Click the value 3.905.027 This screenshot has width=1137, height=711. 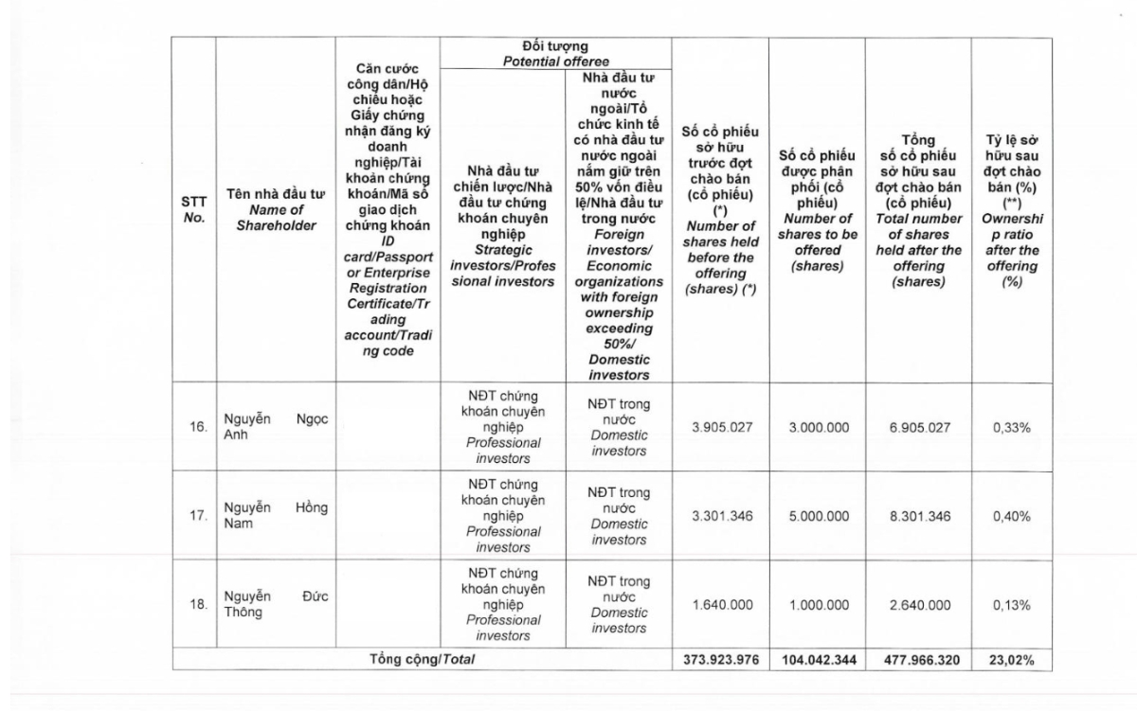pos(722,428)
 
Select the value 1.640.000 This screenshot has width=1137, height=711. pos(722,604)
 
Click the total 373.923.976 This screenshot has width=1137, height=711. pos(721,660)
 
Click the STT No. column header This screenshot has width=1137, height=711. pos(194,210)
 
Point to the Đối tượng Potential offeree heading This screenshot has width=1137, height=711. pos(554,53)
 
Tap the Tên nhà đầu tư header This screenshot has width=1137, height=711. pos(277,210)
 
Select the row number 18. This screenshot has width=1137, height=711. pos(197,604)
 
